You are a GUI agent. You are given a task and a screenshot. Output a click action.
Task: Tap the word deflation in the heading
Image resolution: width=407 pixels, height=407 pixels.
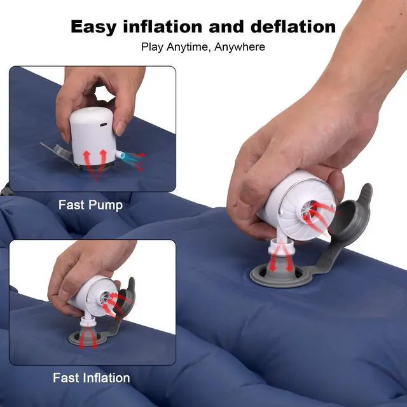pyautogui.click(x=296, y=27)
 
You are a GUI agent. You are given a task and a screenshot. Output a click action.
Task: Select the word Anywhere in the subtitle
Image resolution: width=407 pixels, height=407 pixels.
pyautogui.click(x=240, y=47)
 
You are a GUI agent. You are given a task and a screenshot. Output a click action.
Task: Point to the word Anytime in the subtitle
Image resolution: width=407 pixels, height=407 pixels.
pyautogui.click(x=191, y=47)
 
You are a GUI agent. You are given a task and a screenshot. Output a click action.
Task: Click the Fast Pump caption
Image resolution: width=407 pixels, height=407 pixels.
pyautogui.click(x=90, y=205)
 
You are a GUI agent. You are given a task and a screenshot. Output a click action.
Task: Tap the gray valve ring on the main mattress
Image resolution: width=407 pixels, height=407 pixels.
pyautogui.click(x=280, y=279)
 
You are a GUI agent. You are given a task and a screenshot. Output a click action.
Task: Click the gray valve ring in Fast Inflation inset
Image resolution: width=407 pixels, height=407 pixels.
pyautogui.click(x=90, y=338)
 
